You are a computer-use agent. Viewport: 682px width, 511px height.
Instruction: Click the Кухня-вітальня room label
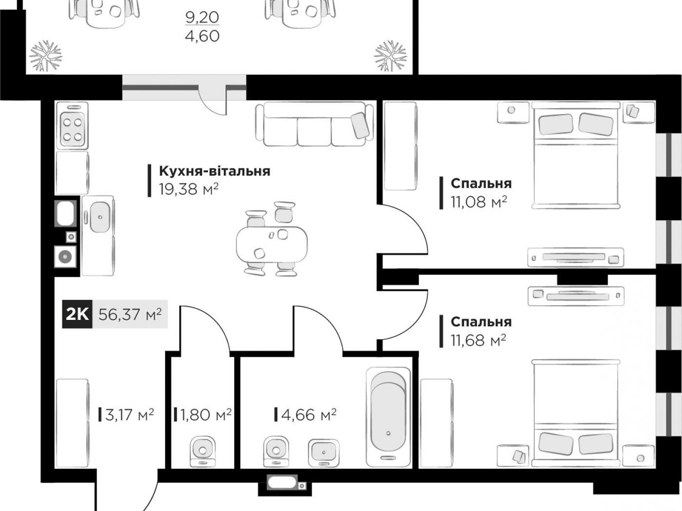(x=214, y=171)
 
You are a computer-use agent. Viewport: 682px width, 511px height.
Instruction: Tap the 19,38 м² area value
(x=188, y=189)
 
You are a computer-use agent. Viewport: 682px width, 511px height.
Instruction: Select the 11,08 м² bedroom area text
(x=479, y=202)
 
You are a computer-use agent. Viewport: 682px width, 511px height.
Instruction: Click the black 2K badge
(x=77, y=314)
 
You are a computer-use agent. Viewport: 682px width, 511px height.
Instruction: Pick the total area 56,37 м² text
(x=130, y=314)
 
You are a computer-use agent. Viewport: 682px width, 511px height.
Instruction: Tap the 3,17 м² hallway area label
(x=129, y=414)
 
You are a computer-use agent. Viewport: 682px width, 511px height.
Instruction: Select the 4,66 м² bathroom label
(x=309, y=414)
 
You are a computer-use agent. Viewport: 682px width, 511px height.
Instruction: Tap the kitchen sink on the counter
(x=100, y=217)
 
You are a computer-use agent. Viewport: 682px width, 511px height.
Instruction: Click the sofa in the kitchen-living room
(x=315, y=124)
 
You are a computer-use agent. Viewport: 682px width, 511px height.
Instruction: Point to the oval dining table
(x=272, y=244)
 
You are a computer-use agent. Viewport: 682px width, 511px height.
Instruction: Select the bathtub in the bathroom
(x=388, y=417)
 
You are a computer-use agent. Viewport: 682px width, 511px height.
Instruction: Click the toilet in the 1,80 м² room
(x=202, y=451)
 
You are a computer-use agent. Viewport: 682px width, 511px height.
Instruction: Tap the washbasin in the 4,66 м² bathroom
(x=324, y=453)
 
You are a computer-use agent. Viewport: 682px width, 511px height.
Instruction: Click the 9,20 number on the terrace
(x=202, y=17)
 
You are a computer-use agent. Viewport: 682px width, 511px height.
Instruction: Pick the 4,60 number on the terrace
(x=202, y=36)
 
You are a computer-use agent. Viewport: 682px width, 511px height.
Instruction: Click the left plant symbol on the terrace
(x=46, y=56)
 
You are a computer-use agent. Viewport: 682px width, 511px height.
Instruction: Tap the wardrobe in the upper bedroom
(x=400, y=146)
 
